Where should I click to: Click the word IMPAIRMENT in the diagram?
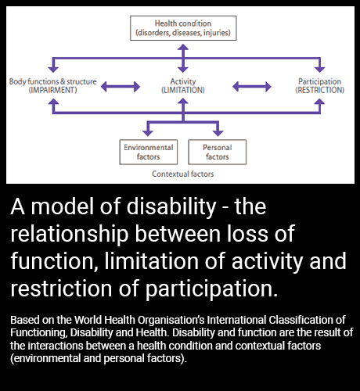click(x=52, y=90)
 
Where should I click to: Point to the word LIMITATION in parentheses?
click(x=183, y=90)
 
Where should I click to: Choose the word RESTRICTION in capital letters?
click(x=320, y=90)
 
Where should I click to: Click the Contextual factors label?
click(x=183, y=174)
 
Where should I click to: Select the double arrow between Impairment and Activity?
click(x=121, y=87)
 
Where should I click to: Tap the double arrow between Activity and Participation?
click(x=252, y=87)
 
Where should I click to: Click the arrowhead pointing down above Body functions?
click(x=53, y=70)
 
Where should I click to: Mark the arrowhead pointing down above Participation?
click(x=320, y=70)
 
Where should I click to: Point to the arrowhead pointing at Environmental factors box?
click(x=148, y=133)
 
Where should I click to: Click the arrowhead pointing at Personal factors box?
click(x=218, y=133)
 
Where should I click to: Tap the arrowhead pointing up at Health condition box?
click(x=183, y=47)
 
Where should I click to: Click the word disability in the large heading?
click(x=171, y=206)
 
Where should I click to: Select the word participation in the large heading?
click(x=211, y=289)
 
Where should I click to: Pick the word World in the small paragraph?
click(x=88, y=320)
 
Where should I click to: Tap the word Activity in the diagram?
click(x=183, y=81)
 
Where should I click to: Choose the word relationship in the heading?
click(x=70, y=234)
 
